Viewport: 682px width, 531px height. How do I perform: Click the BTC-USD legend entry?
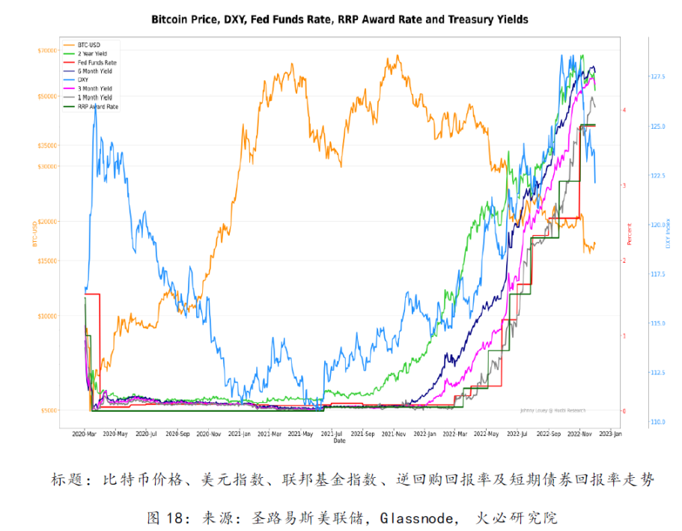click(x=89, y=45)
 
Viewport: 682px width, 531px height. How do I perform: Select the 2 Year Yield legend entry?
click(x=92, y=54)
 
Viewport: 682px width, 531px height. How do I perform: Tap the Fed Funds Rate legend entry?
click(x=97, y=63)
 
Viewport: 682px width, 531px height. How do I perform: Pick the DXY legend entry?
click(x=82, y=80)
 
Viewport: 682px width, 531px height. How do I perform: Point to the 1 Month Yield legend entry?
click(x=94, y=97)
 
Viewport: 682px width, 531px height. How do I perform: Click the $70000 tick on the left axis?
click(x=47, y=51)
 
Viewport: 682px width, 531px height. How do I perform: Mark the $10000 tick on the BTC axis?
click(x=47, y=316)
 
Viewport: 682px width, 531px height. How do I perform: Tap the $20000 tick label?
click(x=47, y=222)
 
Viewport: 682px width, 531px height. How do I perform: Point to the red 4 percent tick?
click(x=624, y=109)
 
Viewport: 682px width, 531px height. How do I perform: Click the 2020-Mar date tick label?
click(x=85, y=434)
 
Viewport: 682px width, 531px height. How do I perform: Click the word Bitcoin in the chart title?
click(x=173, y=19)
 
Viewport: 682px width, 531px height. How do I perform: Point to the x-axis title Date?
click(x=339, y=441)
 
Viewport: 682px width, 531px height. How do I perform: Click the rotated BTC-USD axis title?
click(x=34, y=234)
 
